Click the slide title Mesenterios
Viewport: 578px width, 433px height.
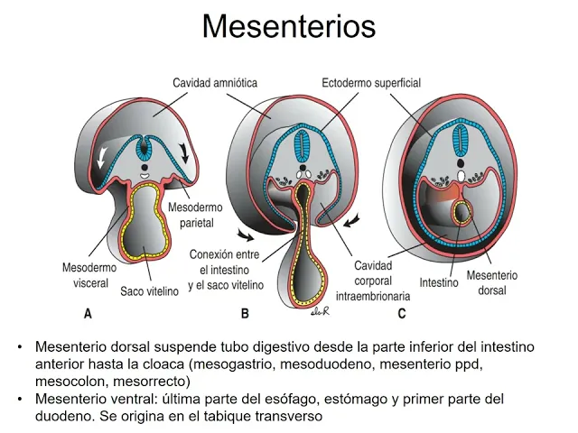(288, 26)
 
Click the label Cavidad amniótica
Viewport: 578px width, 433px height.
(215, 83)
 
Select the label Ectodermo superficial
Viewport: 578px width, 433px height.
(371, 83)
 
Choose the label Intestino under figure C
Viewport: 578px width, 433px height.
(439, 281)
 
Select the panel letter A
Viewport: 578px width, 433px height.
(88, 314)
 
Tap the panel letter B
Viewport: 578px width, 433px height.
(244, 314)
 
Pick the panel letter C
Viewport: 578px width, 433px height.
(401, 314)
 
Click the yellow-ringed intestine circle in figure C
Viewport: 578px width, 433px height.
(462, 214)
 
